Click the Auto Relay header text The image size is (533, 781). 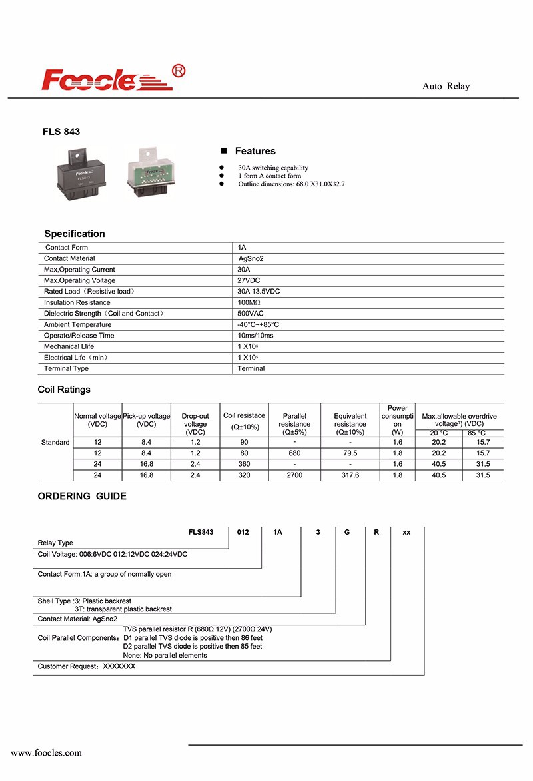tap(446, 87)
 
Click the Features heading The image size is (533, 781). tap(255, 151)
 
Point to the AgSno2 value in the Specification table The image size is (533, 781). tap(251, 258)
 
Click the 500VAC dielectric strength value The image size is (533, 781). tap(250, 313)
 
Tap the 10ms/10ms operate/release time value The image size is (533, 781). tap(255, 335)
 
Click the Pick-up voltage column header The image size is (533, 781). tap(146, 420)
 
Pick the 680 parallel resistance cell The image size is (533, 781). tap(294, 453)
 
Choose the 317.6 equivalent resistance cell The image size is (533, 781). tap(350, 475)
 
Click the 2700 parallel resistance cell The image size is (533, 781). tap(294, 475)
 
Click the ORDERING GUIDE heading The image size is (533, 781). tap(82, 496)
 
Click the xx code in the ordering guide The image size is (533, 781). tap(406, 533)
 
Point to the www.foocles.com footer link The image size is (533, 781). tap(46, 753)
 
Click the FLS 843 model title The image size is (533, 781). tap(61, 132)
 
